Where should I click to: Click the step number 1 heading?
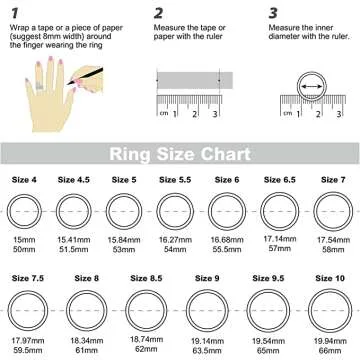coord(14,14)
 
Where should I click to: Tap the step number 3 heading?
coord(273,14)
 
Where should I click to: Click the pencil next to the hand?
coord(85,76)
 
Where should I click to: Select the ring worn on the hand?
coord(40,86)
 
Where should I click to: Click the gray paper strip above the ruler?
coord(195,80)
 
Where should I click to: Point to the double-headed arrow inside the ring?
coord(312,87)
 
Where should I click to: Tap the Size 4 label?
coord(24,180)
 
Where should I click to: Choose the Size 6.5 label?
coord(280,180)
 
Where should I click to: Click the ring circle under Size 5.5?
coord(157,211)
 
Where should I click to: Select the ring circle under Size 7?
coord(314,211)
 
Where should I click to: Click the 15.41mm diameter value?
coord(74,240)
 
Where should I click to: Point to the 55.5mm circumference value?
coord(227,249)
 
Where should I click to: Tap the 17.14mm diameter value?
coord(280,239)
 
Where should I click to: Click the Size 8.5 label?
coord(146,278)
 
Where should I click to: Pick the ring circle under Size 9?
coord(186,311)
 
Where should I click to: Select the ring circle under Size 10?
coord(309,311)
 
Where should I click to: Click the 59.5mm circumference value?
coord(28,351)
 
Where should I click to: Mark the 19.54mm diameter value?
coord(268,341)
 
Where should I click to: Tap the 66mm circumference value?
coord(330,351)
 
